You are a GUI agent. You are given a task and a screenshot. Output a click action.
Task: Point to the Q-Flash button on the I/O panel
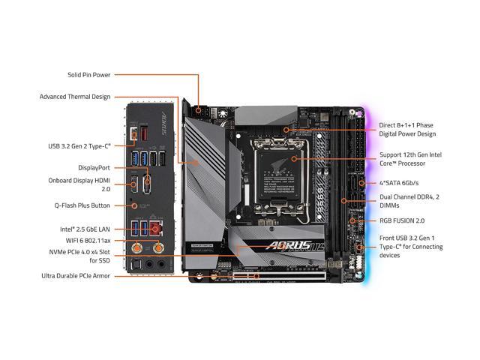click(x=136, y=205)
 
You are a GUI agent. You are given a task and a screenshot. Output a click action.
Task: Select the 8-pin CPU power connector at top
click(x=201, y=109)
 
